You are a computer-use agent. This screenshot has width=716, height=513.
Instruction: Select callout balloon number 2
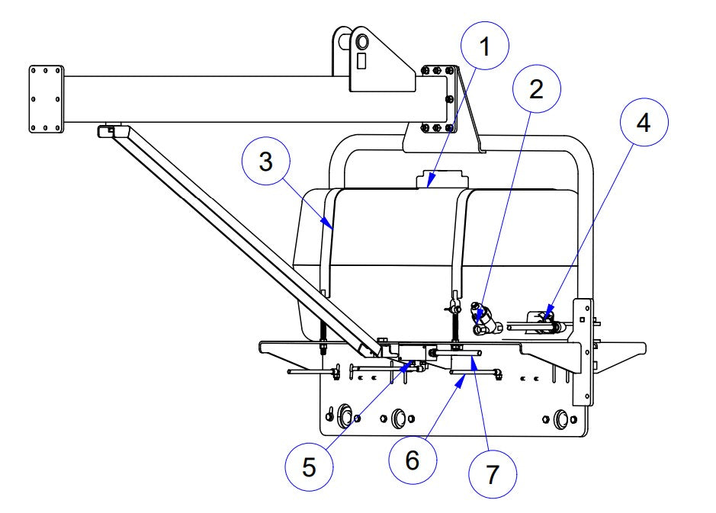pyautogui.click(x=536, y=88)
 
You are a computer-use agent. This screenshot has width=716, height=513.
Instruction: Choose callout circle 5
pyautogui.click(x=309, y=467)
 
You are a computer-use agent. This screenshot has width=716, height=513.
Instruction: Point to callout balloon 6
pyautogui.click(x=412, y=460)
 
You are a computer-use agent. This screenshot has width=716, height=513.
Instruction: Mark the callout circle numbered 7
pyautogui.click(x=492, y=473)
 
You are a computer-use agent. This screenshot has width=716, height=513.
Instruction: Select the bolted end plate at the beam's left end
pyautogui.click(x=46, y=99)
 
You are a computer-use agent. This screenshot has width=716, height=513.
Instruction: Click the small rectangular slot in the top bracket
pyautogui.click(x=361, y=60)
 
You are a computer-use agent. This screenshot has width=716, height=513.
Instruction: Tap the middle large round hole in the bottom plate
pyautogui.click(x=397, y=418)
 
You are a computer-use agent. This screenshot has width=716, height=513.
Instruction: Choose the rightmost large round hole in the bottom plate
pyautogui.click(x=563, y=418)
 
